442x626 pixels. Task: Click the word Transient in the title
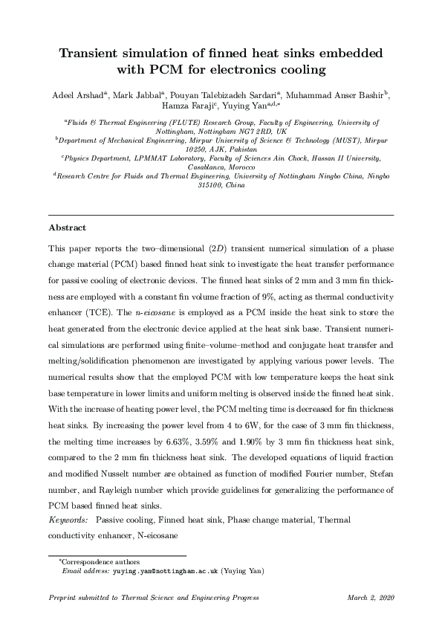click(96, 54)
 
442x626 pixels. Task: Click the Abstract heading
click(68, 228)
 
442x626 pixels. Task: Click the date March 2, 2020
click(369, 598)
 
